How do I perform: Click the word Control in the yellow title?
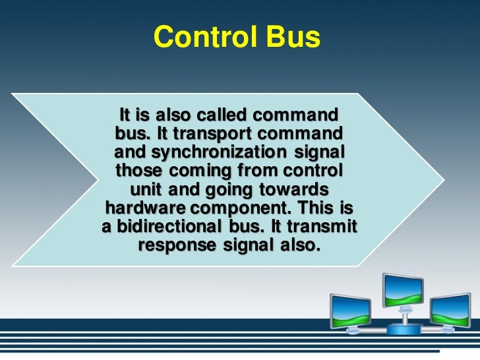pyautogui.click(x=197, y=38)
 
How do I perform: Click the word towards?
pyautogui.click(x=293, y=190)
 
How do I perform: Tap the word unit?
pyautogui.click(x=147, y=190)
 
